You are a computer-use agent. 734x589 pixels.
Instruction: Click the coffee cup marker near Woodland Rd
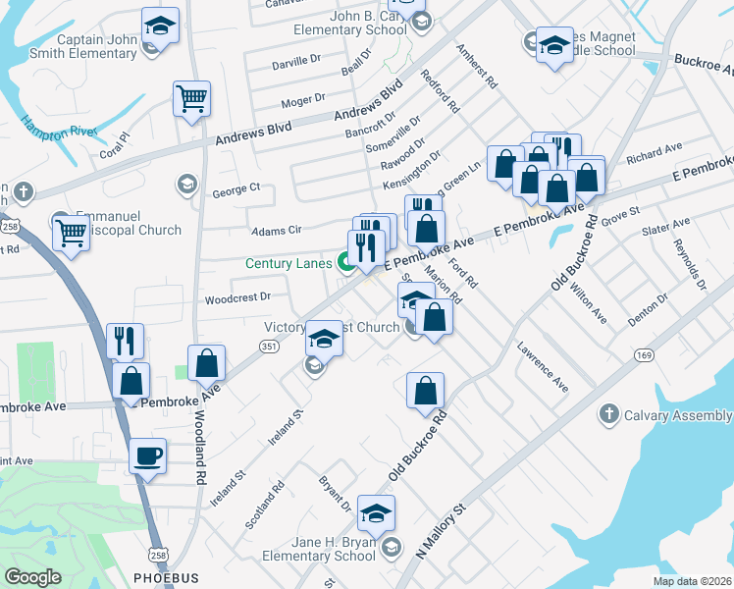tap(147, 455)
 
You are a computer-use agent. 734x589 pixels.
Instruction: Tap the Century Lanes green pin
tap(346, 262)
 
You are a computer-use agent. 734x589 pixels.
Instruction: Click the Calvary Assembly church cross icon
tap(609, 414)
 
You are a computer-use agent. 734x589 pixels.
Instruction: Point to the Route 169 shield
tap(644, 354)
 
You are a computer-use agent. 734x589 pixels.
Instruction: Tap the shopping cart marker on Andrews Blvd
tap(191, 98)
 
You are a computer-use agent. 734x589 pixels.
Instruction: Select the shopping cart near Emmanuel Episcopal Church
tap(71, 234)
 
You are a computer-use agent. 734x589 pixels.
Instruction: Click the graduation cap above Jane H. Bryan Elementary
tap(376, 513)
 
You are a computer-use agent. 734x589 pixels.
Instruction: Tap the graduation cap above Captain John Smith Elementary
tap(159, 26)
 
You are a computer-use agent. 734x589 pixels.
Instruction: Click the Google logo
tap(32, 577)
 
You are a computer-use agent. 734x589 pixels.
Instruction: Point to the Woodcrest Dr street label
tap(236, 296)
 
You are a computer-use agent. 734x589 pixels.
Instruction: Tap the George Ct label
tap(236, 187)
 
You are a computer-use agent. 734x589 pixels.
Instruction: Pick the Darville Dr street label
tap(295, 61)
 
